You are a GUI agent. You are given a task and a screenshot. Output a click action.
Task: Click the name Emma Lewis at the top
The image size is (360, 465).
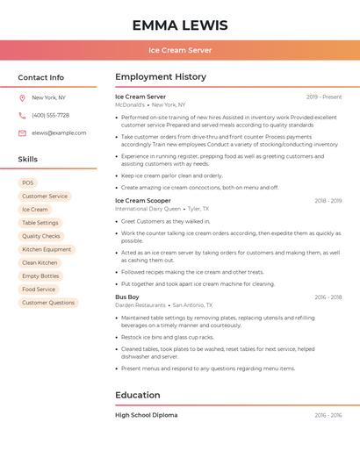180,25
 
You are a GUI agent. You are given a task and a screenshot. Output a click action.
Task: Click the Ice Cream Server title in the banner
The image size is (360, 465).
180,50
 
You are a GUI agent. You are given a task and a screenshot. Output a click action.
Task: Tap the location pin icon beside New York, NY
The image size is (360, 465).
22,97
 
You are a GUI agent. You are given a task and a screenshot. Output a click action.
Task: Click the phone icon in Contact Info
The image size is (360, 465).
22,115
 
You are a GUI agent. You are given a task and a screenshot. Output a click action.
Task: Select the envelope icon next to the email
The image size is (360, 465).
22,132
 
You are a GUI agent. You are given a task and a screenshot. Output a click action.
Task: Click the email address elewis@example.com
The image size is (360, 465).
59,132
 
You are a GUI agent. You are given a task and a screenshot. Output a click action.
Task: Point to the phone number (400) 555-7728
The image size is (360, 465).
50,115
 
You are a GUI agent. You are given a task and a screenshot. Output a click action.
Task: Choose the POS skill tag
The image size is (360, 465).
28,182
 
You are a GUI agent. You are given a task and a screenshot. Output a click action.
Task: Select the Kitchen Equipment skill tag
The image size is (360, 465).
47,249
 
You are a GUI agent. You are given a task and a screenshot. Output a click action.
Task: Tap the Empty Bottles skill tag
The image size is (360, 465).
40,275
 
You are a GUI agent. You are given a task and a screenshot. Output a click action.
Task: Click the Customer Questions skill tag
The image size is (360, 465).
48,303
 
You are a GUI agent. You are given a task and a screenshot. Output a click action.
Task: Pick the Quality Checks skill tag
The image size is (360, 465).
41,236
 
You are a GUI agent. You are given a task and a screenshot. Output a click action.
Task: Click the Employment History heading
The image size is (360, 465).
161,77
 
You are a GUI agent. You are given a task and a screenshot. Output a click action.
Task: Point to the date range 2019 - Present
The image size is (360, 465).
324,97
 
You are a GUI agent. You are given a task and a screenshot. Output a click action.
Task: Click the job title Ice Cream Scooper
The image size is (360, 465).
143,200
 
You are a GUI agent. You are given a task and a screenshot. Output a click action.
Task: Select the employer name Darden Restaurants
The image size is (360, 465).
140,305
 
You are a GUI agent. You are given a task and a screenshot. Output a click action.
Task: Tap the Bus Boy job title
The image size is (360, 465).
127,297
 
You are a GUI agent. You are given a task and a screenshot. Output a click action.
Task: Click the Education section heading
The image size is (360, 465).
139,395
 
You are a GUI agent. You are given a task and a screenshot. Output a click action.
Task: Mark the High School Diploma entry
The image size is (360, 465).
146,415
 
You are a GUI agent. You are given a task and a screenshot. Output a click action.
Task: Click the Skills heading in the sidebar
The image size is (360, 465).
27,159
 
